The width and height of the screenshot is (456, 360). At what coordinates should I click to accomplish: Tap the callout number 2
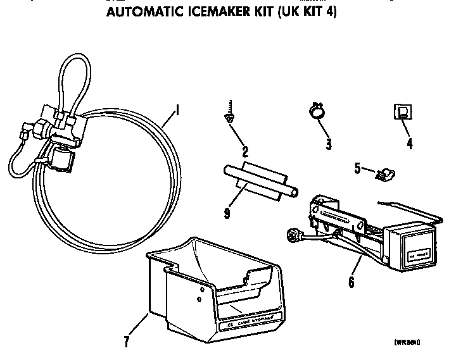pyautogui.click(x=244, y=152)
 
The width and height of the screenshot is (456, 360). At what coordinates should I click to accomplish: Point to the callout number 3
pyautogui.click(x=329, y=144)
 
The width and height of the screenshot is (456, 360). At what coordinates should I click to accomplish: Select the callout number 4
pyautogui.click(x=409, y=144)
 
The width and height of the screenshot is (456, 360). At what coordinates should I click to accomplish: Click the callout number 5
pyautogui.click(x=357, y=168)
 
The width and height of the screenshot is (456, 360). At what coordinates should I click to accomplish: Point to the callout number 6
pyautogui.click(x=351, y=282)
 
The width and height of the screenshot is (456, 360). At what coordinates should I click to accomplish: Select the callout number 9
pyautogui.click(x=225, y=213)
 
